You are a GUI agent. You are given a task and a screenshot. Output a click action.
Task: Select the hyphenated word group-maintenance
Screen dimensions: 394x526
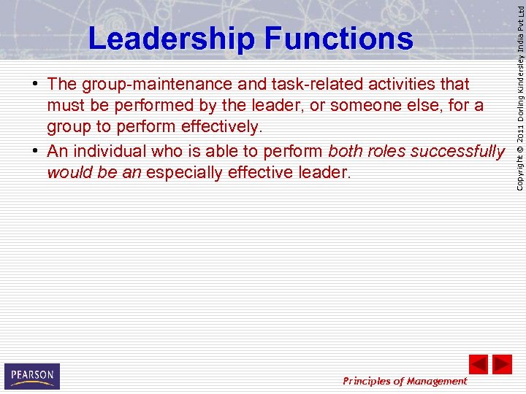click(x=167, y=85)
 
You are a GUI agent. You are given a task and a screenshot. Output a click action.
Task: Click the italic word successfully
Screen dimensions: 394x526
click(x=459, y=151)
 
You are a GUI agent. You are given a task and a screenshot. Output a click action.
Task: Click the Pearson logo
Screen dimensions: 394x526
click(x=32, y=376)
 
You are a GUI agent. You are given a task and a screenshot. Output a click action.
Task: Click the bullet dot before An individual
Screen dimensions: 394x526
click(x=35, y=152)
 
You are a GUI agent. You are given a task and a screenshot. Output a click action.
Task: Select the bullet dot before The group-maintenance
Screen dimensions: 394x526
click(x=35, y=85)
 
